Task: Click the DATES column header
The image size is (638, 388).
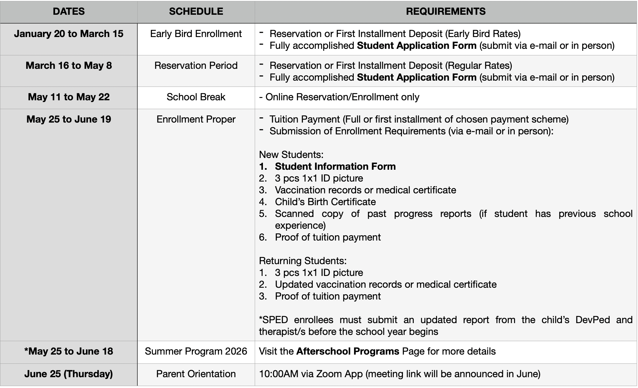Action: (69, 11)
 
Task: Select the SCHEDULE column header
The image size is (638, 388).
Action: (196, 11)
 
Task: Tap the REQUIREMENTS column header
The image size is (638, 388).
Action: (446, 11)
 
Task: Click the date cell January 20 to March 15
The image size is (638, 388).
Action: (69, 34)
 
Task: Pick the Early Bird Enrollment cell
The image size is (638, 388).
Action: (196, 34)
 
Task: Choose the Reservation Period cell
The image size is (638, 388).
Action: (196, 66)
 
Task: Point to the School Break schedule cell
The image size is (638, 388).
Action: (196, 97)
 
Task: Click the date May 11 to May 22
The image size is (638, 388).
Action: (69, 97)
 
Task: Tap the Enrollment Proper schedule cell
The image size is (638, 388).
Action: (196, 119)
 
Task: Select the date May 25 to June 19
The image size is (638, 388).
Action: (69, 119)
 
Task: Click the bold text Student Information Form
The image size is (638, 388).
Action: (335, 166)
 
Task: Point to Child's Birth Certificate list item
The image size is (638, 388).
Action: (325, 202)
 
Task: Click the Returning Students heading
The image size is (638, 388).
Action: (303, 261)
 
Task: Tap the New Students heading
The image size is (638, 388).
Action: (291, 155)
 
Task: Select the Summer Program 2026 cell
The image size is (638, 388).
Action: (196, 351)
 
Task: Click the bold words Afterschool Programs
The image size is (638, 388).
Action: (348, 351)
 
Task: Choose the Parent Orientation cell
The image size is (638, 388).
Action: (196, 374)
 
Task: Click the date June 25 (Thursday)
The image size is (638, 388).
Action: (69, 374)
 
